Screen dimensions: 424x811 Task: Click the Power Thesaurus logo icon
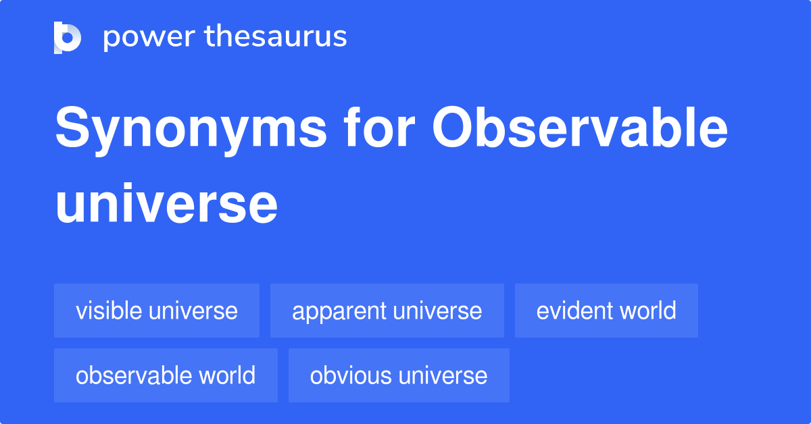(x=68, y=37)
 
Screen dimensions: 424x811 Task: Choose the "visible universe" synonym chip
(x=157, y=311)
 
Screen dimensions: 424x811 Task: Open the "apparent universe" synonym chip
(x=387, y=311)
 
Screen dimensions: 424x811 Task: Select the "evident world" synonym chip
(x=606, y=311)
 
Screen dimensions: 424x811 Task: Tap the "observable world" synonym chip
(x=166, y=375)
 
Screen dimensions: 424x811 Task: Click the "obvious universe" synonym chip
(x=399, y=375)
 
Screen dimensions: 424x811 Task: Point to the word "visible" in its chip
(x=109, y=311)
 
